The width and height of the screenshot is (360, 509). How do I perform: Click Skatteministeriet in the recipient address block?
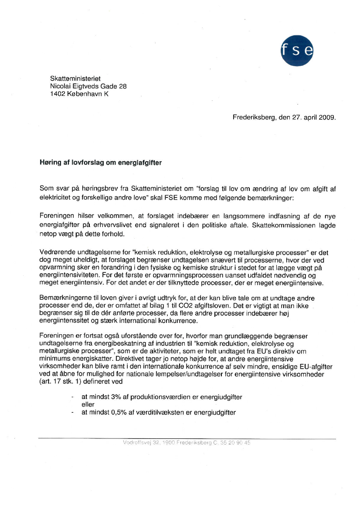[75, 78]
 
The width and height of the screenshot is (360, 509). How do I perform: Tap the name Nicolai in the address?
[61, 86]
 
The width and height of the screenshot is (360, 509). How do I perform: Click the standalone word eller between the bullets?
[88, 405]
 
